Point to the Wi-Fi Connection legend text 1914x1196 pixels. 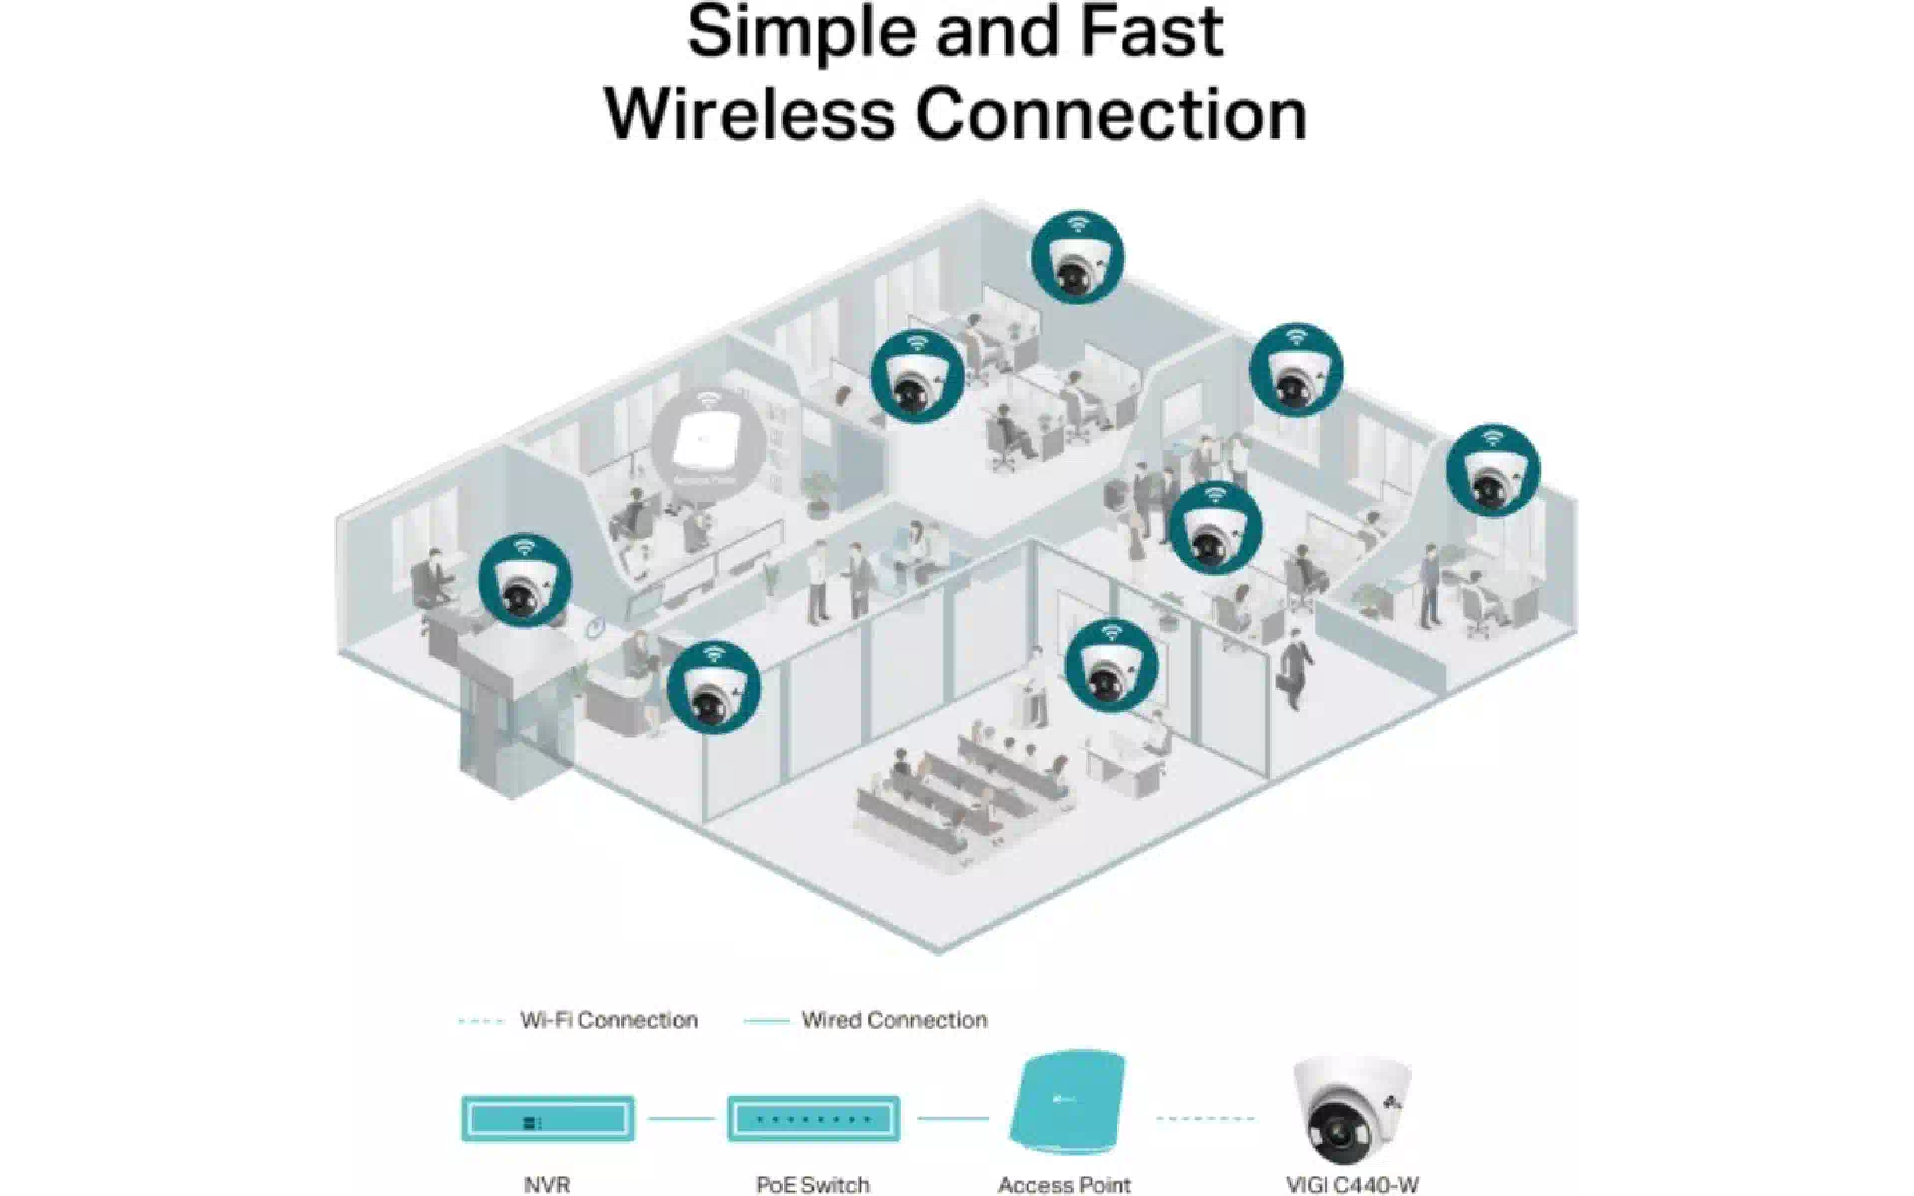608,1020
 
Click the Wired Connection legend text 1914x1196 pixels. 894,1020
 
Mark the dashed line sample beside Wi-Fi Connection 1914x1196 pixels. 480,1021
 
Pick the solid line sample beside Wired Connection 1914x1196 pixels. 766,1021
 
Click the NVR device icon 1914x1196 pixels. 547,1118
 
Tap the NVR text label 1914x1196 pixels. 547,1184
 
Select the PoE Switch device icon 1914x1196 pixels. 812,1118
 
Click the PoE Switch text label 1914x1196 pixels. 812,1184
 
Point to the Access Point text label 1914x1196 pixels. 1064,1184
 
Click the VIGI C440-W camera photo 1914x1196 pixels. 1352,1109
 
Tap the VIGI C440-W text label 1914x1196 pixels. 1352,1184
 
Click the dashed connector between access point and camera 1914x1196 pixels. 1204,1118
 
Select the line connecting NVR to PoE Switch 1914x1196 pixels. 681,1118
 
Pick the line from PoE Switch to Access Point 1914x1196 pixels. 952,1118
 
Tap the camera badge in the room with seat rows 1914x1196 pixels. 1112,666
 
